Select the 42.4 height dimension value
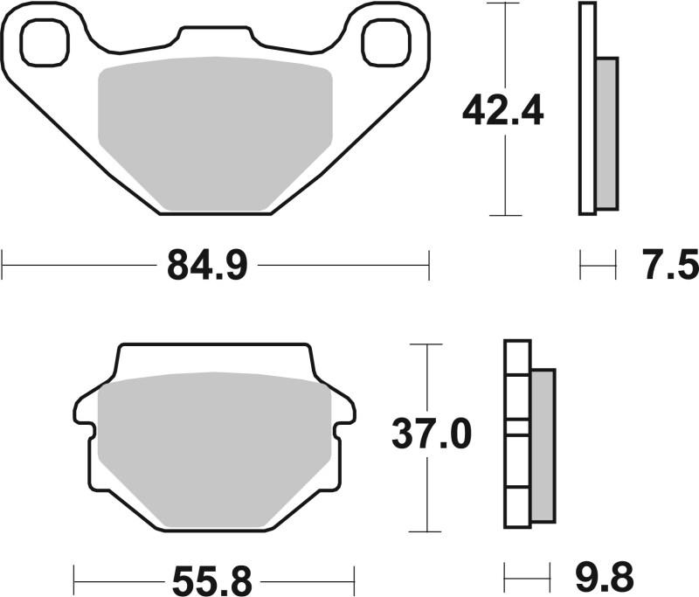503,111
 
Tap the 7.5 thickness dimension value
672,264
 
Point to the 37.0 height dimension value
431,434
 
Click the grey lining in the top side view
606,133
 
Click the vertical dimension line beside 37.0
426,498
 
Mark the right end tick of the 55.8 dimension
354,578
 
